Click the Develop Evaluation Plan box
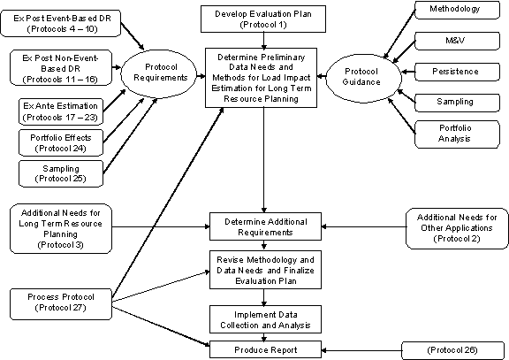[x=263, y=19]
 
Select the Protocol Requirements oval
[x=159, y=74]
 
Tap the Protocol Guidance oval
[x=363, y=78]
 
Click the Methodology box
[x=457, y=10]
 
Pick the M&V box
[x=457, y=41]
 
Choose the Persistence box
[x=457, y=72]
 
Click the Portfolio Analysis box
[x=457, y=134]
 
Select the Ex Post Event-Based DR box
[x=61, y=23]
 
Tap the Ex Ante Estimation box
[x=61, y=111]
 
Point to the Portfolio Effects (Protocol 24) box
[x=61, y=143]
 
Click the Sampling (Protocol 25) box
[x=61, y=173]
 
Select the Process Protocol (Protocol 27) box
[x=61, y=303]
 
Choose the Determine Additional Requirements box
[x=265, y=226]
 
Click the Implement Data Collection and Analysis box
[x=265, y=319]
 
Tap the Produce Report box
[x=265, y=349]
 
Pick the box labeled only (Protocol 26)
[x=452, y=350]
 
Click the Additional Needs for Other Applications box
[x=457, y=228]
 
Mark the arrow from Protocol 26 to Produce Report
[x=361, y=350]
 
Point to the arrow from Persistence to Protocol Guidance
[x=408, y=72]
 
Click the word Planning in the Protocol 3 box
[x=61, y=234]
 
